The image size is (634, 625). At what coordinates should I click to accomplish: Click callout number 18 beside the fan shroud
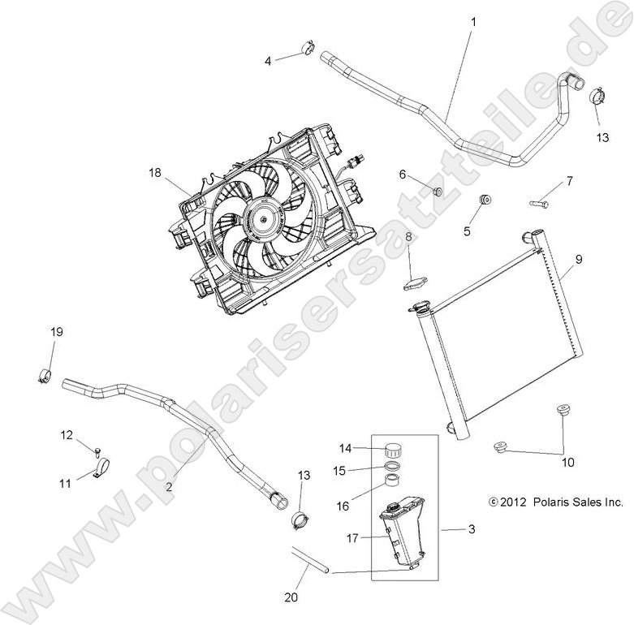[155, 172]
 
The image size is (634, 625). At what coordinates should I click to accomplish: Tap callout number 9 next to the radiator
[579, 260]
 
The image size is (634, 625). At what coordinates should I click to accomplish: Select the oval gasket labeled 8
[414, 284]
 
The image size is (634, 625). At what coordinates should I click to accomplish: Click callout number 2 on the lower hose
[169, 486]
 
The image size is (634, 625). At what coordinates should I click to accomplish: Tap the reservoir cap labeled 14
[394, 449]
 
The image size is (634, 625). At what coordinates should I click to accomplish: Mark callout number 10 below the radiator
[567, 463]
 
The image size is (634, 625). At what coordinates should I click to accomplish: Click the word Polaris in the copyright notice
[552, 502]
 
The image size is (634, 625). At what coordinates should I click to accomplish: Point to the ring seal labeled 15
[391, 468]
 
